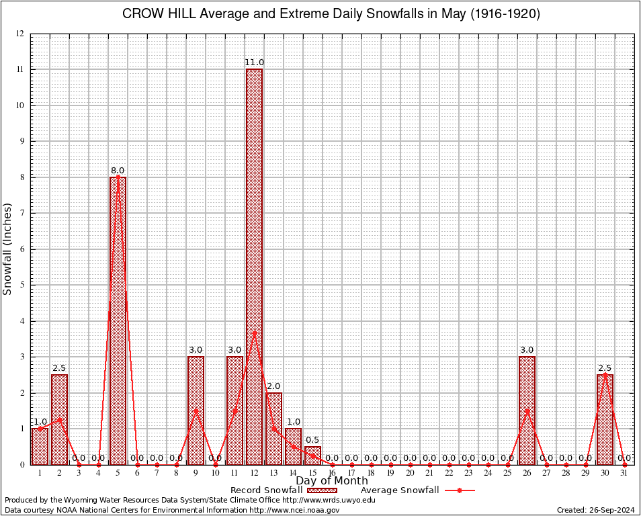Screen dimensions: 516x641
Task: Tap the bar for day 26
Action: pyautogui.click(x=527, y=411)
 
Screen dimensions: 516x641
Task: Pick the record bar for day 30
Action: pyautogui.click(x=605, y=419)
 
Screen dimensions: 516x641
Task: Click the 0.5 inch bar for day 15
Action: pyautogui.click(x=312, y=456)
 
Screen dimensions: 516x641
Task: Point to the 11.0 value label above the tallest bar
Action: pyautogui.click(x=254, y=62)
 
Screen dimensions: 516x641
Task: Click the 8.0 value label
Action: pyautogui.click(x=118, y=171)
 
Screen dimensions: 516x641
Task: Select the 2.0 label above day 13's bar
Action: pyautogui.click(x=273, y=386)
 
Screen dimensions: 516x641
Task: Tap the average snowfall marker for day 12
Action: pyautogui.click(x=254, y=333)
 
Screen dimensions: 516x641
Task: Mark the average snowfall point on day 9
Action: pyautogui.click(x=196, y=411)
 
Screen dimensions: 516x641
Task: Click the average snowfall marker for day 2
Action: pyautogui.click(x=59, y=419)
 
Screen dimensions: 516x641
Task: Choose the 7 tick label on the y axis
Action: pyautogui.click(x=22, y=213)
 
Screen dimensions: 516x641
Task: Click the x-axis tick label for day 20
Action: pyautogui.click(x=410, y=473)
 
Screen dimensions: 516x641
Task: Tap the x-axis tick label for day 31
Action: pyautogui.click(x=624, y=473)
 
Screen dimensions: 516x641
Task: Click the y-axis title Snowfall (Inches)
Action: pyautogui.click(x=8, y=249)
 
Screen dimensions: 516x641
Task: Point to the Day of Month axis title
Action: pyautogui.click(x=332, y=481)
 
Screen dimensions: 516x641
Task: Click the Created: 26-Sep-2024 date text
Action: pyautogui.click(x=595, y=510)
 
